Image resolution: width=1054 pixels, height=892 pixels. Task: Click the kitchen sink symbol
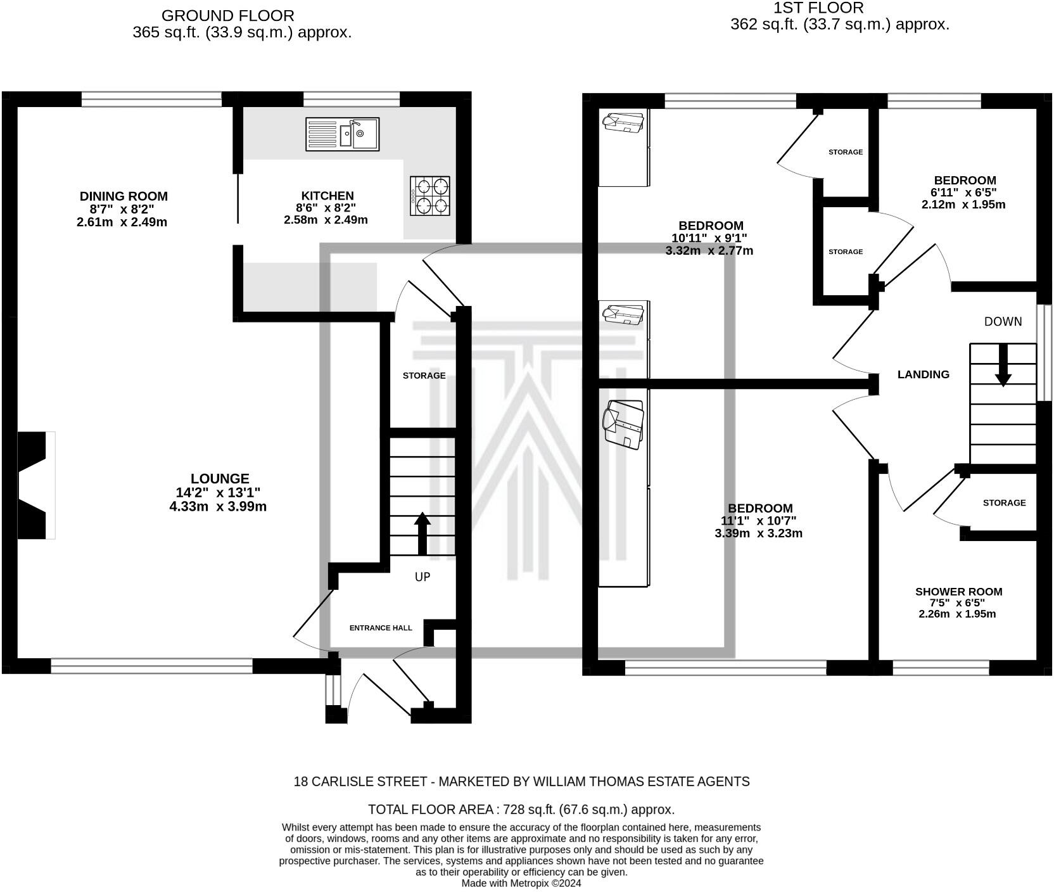(343, 134)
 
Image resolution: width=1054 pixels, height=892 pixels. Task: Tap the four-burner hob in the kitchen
(430, 196)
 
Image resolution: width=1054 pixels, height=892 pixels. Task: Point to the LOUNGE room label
(220, 479)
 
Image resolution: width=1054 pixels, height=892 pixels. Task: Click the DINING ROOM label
(124, 196)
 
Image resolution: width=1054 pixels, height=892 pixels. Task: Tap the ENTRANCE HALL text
(381, 628)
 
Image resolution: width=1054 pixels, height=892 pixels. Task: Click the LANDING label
(924, 374)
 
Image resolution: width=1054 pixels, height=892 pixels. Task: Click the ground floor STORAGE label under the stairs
(424, 376)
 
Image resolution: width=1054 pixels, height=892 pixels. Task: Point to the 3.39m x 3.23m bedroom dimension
(759, 533)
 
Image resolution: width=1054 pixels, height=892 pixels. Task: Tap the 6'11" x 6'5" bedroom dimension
(963, 192)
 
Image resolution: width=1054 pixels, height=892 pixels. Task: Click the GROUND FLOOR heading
(228, 15)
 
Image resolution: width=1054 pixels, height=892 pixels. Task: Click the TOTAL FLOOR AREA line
(521, 810)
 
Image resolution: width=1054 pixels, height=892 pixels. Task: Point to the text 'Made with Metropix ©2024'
(521, 883)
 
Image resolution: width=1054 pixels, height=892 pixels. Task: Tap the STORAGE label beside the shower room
(1004, 503)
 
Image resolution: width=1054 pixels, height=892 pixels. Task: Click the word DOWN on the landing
(1003, 322)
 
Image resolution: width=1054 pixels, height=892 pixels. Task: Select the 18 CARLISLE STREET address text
(360, 782)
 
